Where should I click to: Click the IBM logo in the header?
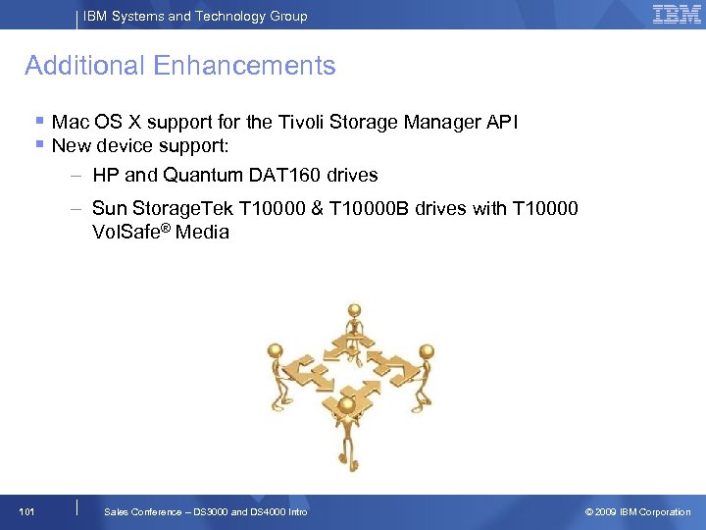pos(677,14)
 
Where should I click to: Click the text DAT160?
pos(285,175)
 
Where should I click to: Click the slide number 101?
pos(27,511)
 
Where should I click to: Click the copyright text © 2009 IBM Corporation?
pos(637,511)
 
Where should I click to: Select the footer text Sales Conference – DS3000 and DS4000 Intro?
pos(205,511)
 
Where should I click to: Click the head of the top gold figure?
pos(354,311)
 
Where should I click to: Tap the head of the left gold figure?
pos(276,348)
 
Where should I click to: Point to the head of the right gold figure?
pos(426,349)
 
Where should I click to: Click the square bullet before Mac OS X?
pos(39,122)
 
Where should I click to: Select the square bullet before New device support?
pos(39,145)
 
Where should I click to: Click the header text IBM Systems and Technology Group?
pos(195,16)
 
